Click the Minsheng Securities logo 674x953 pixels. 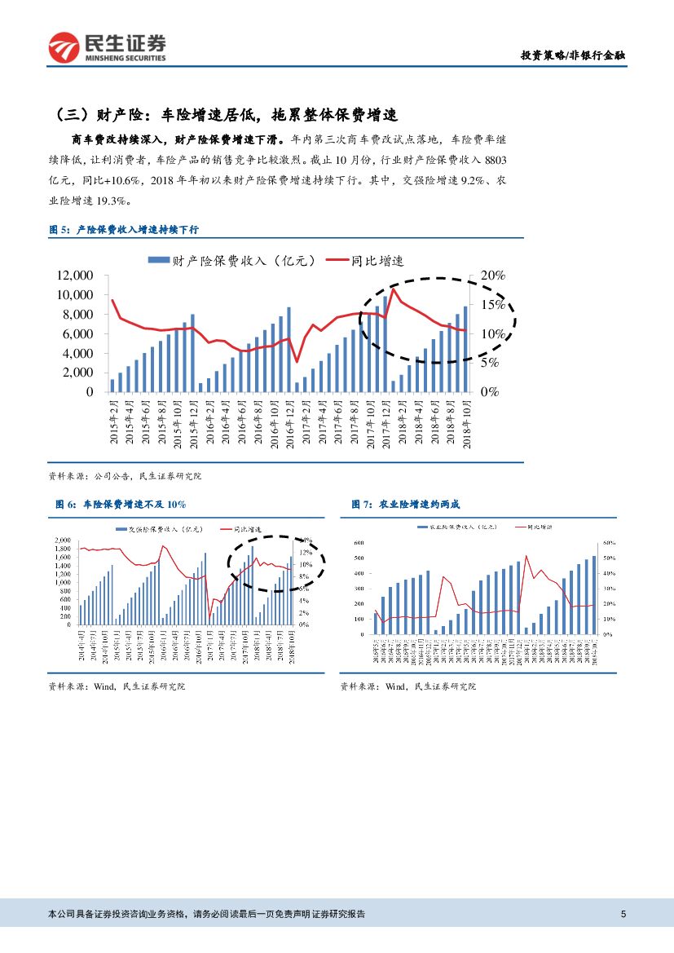107,47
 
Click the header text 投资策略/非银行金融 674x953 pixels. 573,55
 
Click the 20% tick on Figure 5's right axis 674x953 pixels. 494,276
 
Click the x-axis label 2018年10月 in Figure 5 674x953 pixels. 465,421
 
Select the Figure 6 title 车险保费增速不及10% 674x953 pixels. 117,505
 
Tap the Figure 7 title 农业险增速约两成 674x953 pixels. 411,505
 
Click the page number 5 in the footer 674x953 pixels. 623,914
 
